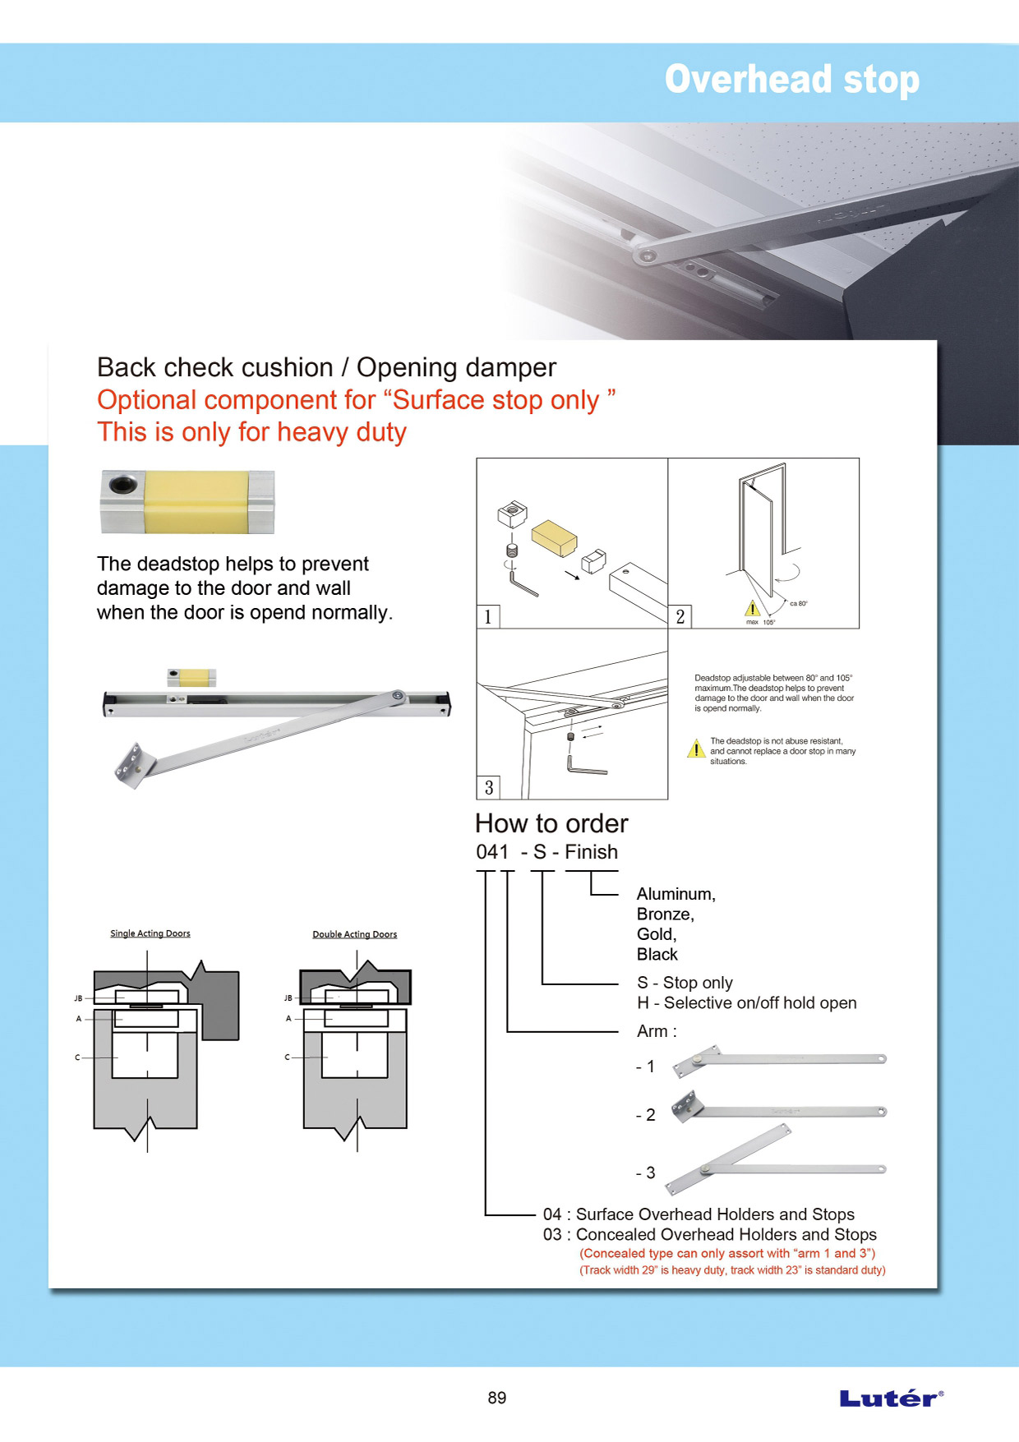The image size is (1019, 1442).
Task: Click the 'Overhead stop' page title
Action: pyautogui.click(x=791, y=80)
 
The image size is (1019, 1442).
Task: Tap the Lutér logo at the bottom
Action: pyautogui.click(x=891, y=1398)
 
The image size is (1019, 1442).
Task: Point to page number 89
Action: pyautogui.click(x=496, y=1398)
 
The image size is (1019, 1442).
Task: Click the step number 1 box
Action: pyautogui.click(x=488, y=616)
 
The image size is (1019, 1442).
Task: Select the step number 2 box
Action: pyautogui.click(x=680, y=616)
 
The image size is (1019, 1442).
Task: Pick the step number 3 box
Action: pyautogui.click(x=488, y=787)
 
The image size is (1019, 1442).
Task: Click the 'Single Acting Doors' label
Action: pyautogui.click(x=150, y=933)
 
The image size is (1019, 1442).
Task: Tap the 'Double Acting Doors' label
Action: pyautogui.click(x=354, y=934)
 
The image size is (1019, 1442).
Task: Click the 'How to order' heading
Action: pyautogui.click(x=551, y=823)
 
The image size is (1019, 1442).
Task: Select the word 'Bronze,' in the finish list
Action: pyautogui.click(x=665, y=914)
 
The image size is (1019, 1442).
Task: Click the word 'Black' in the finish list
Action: pyautogui.click(x=657, y=954)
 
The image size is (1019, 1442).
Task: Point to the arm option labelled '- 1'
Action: pyautogui.click(x=646, y=1067)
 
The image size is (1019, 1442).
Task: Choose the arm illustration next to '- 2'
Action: pyautogui.click(x=778, y=1108)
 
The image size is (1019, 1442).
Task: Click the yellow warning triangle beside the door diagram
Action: pyautogui.click(x=752, y=608)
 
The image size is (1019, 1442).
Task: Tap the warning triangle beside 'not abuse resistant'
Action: pyautogui.click(x=696, y=749)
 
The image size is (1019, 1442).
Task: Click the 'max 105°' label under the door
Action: pyautogui.click(x=760, y=622)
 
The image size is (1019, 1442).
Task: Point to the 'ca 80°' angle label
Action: pyautogui.click(x=798, y=603)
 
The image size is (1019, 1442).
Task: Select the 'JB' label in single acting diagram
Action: pyautogui.click(x=78, y=998)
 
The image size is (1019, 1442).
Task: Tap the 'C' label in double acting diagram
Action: pyautogui.click(x=287, y=1057)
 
